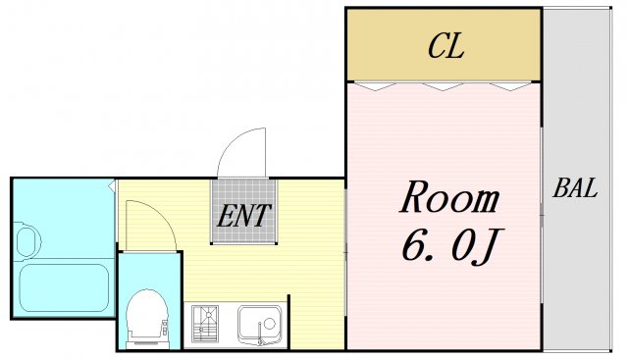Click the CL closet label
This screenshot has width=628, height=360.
[446, 46]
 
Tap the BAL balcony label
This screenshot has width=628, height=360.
[575, 187]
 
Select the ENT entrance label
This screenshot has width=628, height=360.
[244, 216]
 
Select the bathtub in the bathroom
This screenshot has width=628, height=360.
[64, 287]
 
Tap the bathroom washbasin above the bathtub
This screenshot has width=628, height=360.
[28, 241]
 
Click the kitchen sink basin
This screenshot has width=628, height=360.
[259, 322]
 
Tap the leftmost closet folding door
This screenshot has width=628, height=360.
[375, 86]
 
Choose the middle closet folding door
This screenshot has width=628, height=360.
[443, 86]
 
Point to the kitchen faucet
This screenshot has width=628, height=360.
[260, 334]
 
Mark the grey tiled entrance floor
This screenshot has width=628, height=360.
[244, 211]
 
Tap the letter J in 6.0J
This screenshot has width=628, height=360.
[488, 247]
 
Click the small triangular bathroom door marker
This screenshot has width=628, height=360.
[113, 185]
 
